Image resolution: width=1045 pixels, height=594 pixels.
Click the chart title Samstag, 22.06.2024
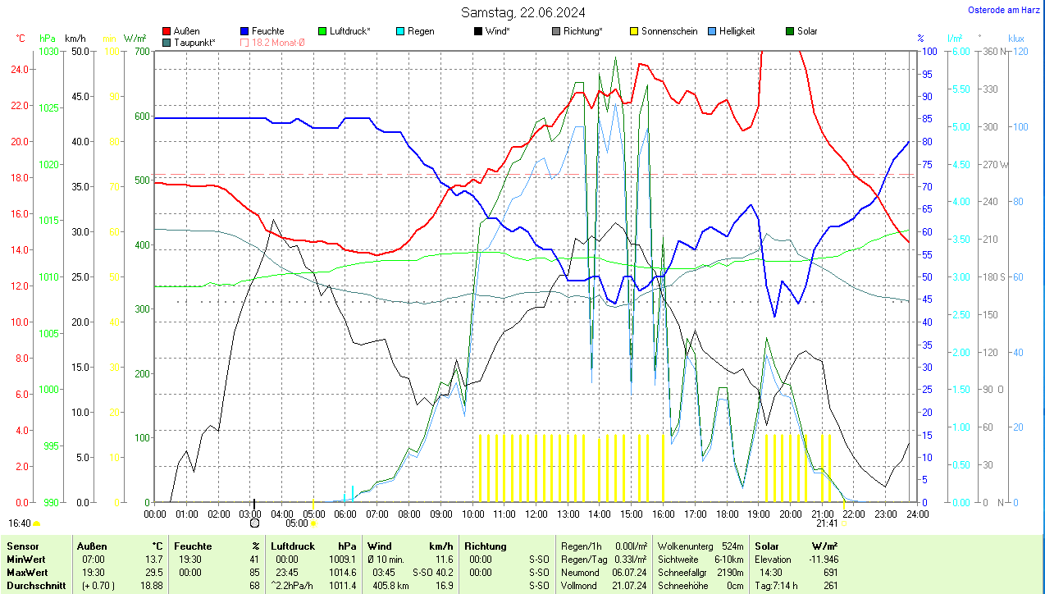[x=522, y=12]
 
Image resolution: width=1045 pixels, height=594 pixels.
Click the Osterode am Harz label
[x=1005, y=10]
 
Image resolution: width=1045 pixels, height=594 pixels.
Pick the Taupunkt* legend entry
[x=194, y=42]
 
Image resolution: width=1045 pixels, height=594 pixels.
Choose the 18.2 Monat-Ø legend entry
[x=277, y=42]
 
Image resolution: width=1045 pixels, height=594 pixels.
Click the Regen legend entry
[x=421, y=31]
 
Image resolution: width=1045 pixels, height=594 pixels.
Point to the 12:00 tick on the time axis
[x=536, y=514]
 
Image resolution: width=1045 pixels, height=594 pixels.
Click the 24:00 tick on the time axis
[x=917, y=514]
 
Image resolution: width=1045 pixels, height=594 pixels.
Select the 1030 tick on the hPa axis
[x=48, y=52]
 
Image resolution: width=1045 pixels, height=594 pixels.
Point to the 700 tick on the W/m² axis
[x=142, y=52]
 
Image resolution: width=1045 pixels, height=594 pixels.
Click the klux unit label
[x=1016, y=39]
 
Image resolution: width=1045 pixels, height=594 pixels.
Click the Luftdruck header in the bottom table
[x=293, y=546]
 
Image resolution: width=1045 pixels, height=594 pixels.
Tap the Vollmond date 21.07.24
[x=632, y=586]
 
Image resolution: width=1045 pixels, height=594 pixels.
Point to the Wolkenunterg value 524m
[x=732, y=546]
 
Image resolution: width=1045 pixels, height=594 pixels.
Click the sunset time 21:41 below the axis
[x=827, y=523]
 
